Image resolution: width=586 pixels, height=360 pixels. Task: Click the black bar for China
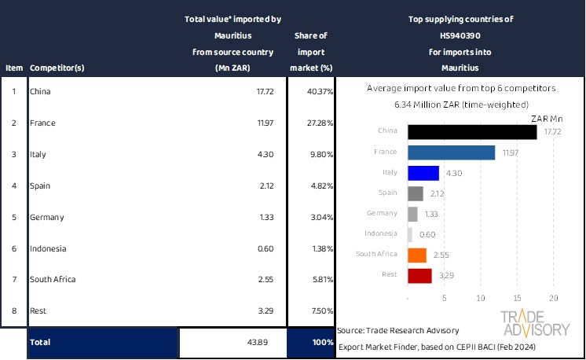click(472, 132)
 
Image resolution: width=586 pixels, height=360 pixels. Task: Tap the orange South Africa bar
click(417, 255)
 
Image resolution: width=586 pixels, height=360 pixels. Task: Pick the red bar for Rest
click(419, 276)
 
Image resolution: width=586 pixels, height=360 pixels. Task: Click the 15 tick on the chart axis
click(517, 299)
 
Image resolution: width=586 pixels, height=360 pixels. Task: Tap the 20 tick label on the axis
click(553, 299)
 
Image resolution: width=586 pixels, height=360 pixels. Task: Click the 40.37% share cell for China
click(320, 92)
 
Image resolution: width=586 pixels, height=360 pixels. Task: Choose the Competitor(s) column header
click(57, 68)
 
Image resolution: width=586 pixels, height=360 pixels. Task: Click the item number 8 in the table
click(13, 310)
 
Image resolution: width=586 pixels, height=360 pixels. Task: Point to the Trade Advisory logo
click(535, 323)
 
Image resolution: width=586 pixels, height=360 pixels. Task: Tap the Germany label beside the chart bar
click(383, 214)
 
